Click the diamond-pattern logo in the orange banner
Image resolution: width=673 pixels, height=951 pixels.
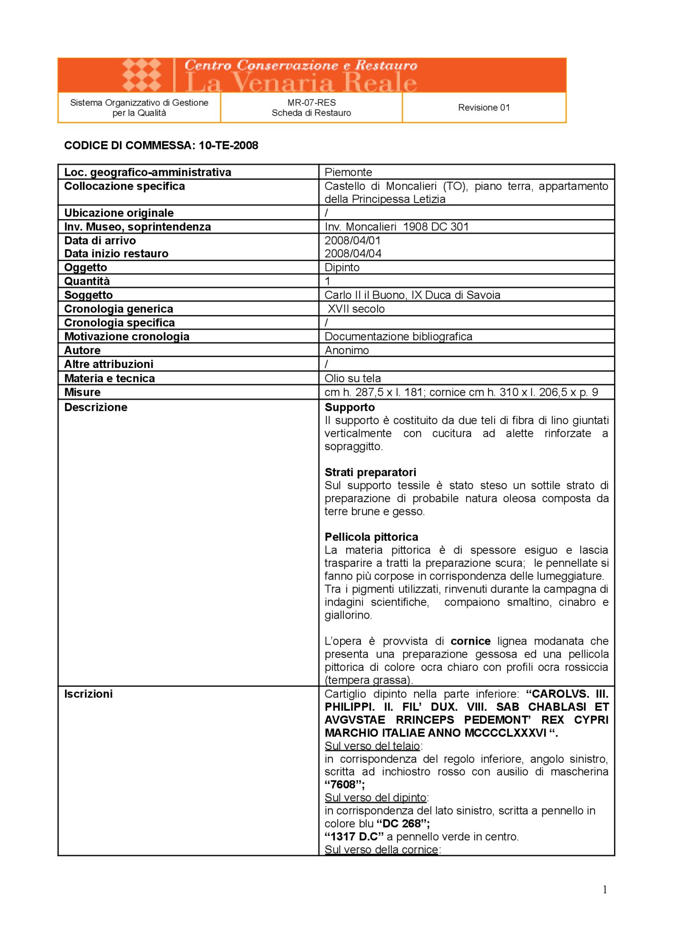141,75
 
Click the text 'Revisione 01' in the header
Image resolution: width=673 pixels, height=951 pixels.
484,107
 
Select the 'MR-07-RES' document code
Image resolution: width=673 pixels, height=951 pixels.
311,102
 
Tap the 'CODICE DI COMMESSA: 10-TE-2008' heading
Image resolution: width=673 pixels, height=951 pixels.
161,146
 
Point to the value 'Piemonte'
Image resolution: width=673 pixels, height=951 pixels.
348,172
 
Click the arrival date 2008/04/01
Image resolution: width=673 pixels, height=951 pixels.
352,241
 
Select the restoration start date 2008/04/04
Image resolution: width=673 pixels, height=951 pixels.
353,253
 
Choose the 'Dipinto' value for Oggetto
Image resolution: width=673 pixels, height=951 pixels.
342,267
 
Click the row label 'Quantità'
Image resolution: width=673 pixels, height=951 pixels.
87,281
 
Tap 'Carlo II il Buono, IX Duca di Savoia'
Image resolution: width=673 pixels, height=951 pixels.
412,295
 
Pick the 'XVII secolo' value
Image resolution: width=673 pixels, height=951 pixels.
356,309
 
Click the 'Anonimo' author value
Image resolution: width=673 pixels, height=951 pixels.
347,350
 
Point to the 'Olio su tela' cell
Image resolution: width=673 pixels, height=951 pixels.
352,378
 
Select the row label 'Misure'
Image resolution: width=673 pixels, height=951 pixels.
82,392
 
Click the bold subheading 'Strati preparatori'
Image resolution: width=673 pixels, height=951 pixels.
370,472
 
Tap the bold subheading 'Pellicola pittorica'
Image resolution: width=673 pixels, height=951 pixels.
371,537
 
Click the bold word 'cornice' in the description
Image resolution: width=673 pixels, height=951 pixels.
470,641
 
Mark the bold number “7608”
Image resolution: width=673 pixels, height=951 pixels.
344,785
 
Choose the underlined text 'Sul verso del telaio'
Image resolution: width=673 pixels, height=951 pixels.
372,746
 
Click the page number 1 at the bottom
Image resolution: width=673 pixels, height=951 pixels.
605,890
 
